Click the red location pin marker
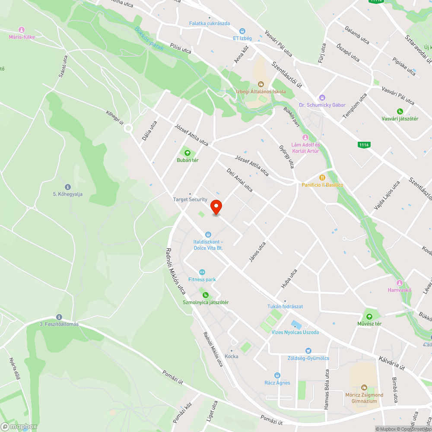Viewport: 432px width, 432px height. (x=216, y=206)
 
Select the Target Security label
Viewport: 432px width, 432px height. (x=190, y=199)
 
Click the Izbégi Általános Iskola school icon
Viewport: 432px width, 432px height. (x=260, y=84)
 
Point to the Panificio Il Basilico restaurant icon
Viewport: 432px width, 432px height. (x=322, y=177)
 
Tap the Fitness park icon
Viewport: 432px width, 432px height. (x=202, y=272)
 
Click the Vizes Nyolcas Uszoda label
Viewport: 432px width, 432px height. (x=295, y=332)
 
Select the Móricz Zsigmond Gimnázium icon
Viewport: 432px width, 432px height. (x=364, y=388)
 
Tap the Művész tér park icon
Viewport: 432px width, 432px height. (x=369, y=316)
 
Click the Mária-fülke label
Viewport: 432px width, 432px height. (x=22, y=37)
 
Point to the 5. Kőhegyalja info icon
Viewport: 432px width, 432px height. (x=68, y=187)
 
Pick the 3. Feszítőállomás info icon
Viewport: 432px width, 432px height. (x=59, y=317)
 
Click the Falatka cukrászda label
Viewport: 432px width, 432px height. (x=210, y=23)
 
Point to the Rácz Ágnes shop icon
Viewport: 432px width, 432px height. (x=277, y=375)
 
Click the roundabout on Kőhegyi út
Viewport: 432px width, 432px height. (x=128, y=128)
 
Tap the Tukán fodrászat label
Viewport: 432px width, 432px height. (x=285, y=306)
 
